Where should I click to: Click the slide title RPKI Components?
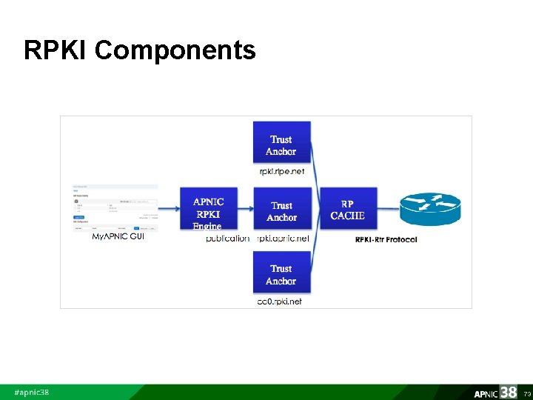139,50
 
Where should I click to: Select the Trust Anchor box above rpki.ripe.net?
281,144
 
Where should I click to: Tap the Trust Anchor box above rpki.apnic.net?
281,210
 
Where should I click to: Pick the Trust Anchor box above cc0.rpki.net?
281,274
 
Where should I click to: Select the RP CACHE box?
347,210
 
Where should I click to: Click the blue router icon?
430,209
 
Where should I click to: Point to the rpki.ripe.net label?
281,171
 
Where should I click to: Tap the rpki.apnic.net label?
284,239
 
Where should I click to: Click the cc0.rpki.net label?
279,301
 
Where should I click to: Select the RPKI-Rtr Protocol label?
386,239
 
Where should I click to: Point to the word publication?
228,239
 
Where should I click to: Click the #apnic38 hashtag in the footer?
32,392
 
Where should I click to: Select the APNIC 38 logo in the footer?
495,392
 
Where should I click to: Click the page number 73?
526,393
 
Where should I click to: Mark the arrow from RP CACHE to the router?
388,210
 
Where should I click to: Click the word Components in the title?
175,50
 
